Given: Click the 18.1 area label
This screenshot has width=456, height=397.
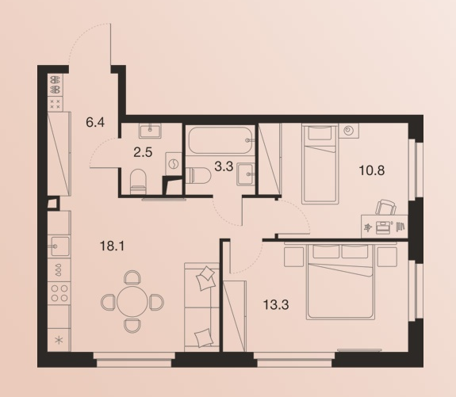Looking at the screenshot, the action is [x=112, y=246].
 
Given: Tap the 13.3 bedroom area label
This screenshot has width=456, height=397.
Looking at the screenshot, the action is [x=276, y=305].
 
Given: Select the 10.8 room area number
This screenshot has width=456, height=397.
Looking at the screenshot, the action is [x=372, y=170].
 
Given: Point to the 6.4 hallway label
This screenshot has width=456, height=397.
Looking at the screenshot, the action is [x=95, y=122].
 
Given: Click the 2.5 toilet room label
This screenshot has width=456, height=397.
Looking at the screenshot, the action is [x=143, y=152].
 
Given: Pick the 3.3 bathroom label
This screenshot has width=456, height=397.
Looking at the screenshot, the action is [x=224, y=167].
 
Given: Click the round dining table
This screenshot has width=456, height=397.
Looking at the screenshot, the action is [x=132, y=302].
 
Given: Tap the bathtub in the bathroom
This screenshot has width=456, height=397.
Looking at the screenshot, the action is [x=220, y=140].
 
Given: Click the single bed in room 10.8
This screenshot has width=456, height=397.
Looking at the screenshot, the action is [x=320, y=163].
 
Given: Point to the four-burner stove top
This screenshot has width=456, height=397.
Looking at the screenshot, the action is [x=59, y=293].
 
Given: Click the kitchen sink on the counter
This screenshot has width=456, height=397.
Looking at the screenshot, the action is [x=59, y=246].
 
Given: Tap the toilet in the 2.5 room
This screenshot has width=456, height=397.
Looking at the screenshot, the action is [x=137, y=181].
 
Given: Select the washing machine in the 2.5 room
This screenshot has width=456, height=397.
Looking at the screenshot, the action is [x=174, y=163].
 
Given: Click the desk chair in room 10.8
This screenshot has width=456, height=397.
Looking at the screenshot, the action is [x=386, y=208].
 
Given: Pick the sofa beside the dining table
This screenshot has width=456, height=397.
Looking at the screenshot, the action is [x=201, y=307].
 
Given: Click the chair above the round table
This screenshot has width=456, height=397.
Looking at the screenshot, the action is [x=132, y=277].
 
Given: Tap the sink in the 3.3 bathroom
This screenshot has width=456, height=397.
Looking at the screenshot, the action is [x=246, y=174].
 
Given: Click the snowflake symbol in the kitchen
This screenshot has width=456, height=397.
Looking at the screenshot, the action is [x=59, y=340].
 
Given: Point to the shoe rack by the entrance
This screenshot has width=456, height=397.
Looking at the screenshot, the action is [x=55, y=84].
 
